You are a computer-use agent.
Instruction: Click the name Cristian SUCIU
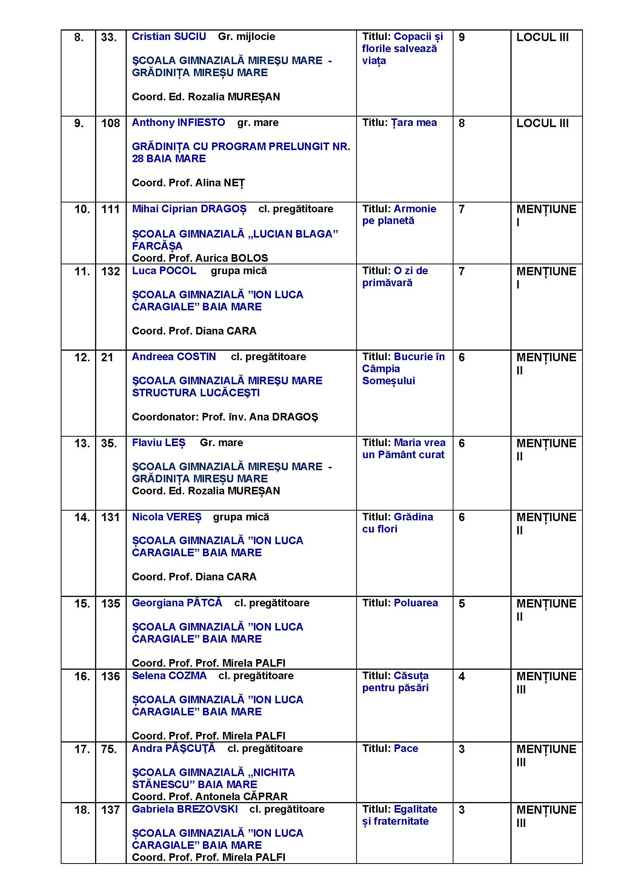[x=169, y=37]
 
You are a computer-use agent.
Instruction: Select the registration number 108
[x=110, y=123]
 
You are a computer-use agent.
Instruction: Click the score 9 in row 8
[x=461, y=37]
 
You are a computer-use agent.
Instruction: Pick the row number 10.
[x=82, y=209]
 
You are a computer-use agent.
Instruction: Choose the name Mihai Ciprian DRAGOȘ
[x=189, y=209]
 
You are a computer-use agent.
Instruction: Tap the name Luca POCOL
[x=164, y=271]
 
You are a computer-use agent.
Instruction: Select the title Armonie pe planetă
[x=399, y=215]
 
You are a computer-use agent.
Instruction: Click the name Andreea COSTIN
[x=174, y=357]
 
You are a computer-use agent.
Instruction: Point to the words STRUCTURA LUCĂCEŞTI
[x=195, y=393]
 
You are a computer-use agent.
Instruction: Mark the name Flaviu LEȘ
[x=158, y=443]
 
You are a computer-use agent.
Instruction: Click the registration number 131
[x=110, y=517]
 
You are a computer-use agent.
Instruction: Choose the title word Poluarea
[x=416, y=603]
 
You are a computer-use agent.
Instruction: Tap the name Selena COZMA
[x=169, y=676]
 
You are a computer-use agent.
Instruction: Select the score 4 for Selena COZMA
[x=461, y=676]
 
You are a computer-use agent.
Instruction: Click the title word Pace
[x=406, y=748]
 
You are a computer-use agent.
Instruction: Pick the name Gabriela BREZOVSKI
[x=185, y=809]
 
